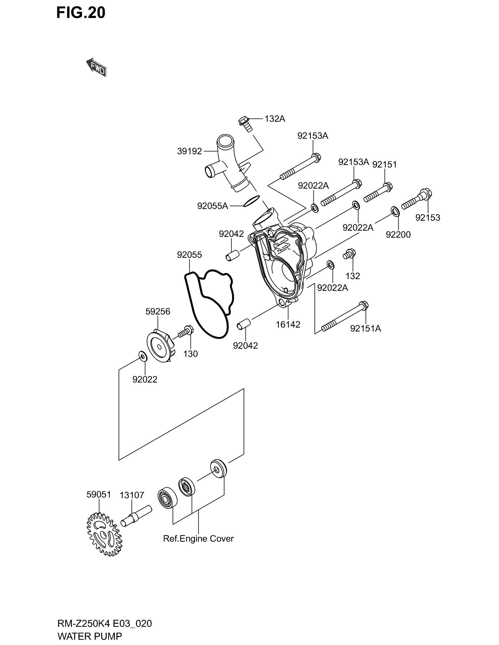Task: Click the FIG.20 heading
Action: click(81, 13)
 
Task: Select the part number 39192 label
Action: click(190, 151)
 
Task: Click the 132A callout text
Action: click(275, 119)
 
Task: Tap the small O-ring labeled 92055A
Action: click(252, 201)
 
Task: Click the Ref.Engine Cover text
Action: click(198, 538)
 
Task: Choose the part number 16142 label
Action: click(288, 325)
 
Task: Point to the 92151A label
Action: click(366, 328)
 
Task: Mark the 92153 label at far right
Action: click(428, 217)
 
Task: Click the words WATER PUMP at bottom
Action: click(90, 636)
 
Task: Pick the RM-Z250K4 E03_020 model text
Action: click(105, 623)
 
